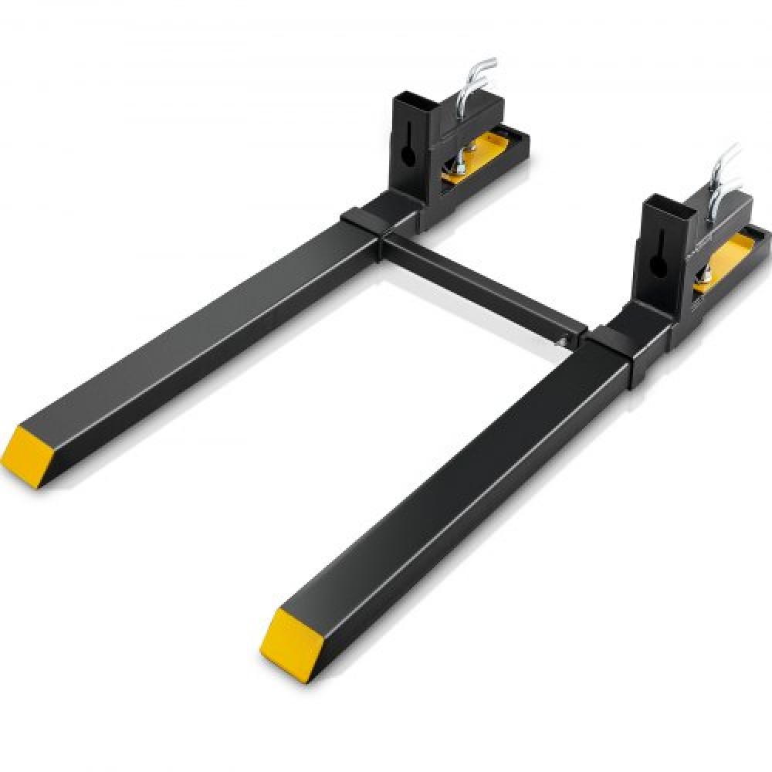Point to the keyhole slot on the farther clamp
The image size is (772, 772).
click(x=409, y=151)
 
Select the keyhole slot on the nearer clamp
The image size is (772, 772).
click(x=657, y=262)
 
